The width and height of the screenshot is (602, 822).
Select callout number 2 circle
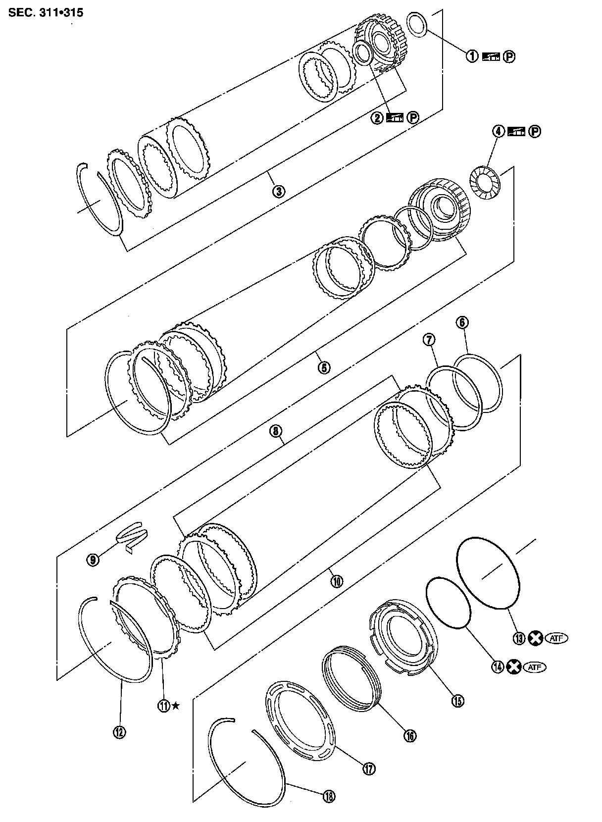click(x=377, y=118)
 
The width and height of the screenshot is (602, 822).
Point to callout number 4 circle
click(x=498, y=131)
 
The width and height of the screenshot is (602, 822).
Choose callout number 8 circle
click(x=275, y=431)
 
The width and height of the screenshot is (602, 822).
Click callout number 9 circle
click(x=93, y=560)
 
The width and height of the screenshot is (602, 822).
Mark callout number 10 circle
click(x=336, y=580)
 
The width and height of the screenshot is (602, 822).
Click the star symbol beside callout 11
click(x=175, y=705)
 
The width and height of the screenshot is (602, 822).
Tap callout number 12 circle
click(x=120, y=731)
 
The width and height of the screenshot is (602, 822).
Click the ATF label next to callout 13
click(x=556, y=638)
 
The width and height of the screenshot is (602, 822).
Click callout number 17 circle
click(x=368, y=769)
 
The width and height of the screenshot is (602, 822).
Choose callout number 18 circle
click(x=329, y=796)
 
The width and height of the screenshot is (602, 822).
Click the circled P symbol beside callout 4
click(x=534, y=131)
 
